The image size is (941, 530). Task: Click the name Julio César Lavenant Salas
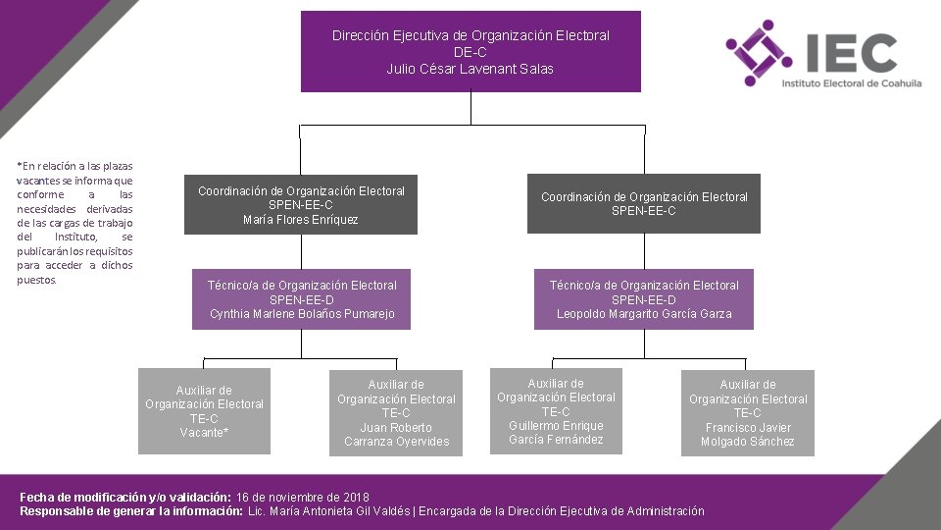tap(470, 69)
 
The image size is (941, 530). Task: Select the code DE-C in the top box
tap(470, 52)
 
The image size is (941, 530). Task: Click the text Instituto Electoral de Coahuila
tap(851, 84)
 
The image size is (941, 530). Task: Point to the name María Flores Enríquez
tap(301, 220)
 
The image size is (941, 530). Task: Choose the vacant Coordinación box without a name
tap(644, 204)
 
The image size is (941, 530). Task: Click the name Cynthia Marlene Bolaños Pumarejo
tap(302, 314)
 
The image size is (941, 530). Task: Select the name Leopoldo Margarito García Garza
tap(644, 314)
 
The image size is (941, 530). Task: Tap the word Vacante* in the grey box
tap(204, 432)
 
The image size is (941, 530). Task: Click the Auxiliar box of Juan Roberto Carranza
tap(396, 413)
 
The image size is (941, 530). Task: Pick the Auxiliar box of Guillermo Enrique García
tap(556, 411)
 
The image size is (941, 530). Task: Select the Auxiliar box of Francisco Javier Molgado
tap(748, 413)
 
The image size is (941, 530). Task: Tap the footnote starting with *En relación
tap(74, 223)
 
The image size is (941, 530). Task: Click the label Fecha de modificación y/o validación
tap(125, 498)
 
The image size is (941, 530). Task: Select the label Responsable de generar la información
tap(131, 511)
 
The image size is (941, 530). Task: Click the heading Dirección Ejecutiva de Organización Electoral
tap(470, 35)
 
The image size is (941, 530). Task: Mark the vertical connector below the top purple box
tap(470, 108)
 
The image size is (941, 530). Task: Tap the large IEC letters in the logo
tap(849, 53)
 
